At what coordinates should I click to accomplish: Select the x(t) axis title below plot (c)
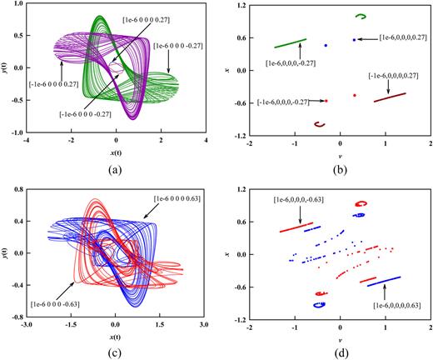[117, 337]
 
